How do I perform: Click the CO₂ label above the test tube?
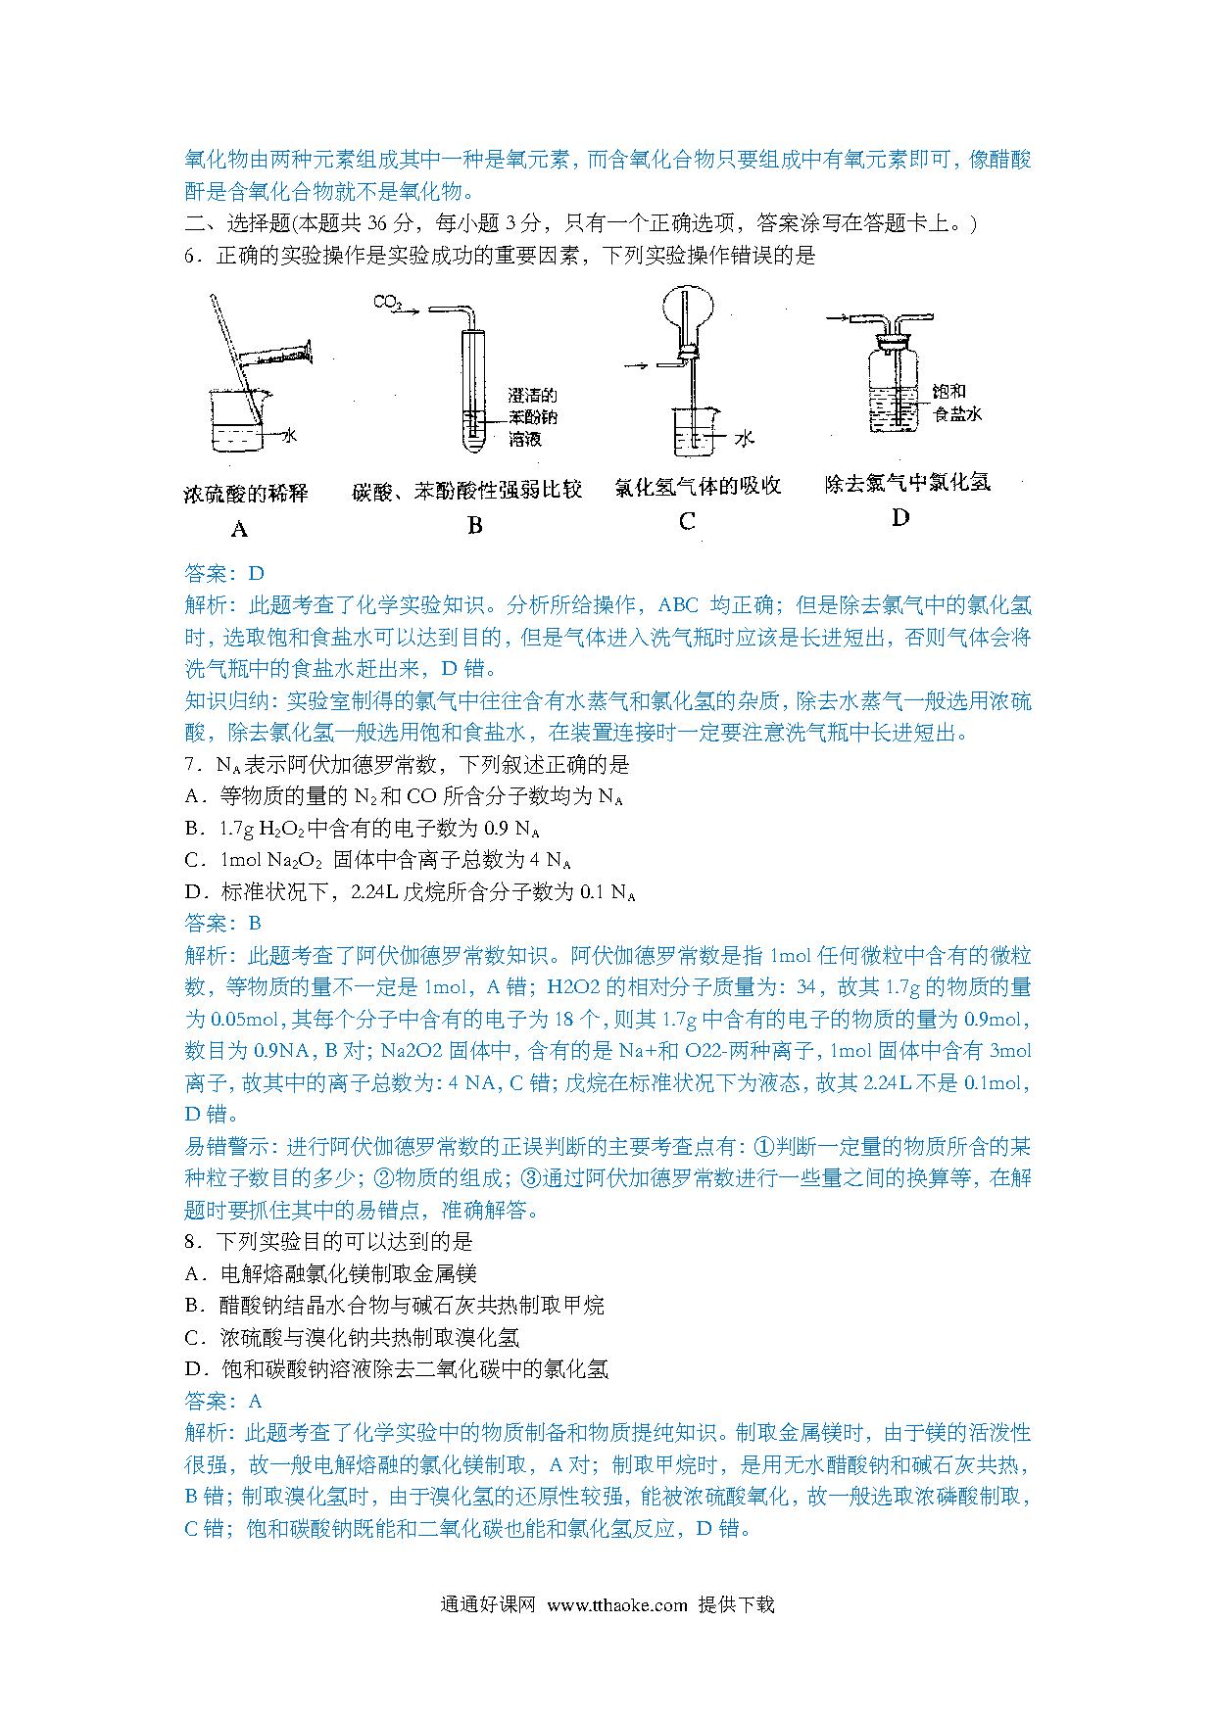pyautogui.click(x=388, y=304)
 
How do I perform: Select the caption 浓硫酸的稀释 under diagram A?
pyautogui.click(x=246, y=493)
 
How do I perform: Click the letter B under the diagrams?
pyautogui.click(x=475, y=526)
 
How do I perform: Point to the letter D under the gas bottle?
pyautogui.click(x=900, y=517)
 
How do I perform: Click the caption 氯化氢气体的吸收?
pyautogui.click(x=697, y=487)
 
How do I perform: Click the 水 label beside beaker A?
pyautogui.click(x=289, y=436)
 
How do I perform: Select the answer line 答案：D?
pyautogui.click(x=224, y=574)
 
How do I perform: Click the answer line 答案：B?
pyautogui.click(x=223, y=923)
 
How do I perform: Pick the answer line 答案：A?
pyautogui.click(x=223, y=1401)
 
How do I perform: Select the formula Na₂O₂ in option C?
pyautogui.click(x=295, y=860)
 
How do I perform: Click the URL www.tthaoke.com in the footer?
pyautogui.click(x=617, y=1604)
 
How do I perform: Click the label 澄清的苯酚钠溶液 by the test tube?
pyautogui.click(x=532, y=417)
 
